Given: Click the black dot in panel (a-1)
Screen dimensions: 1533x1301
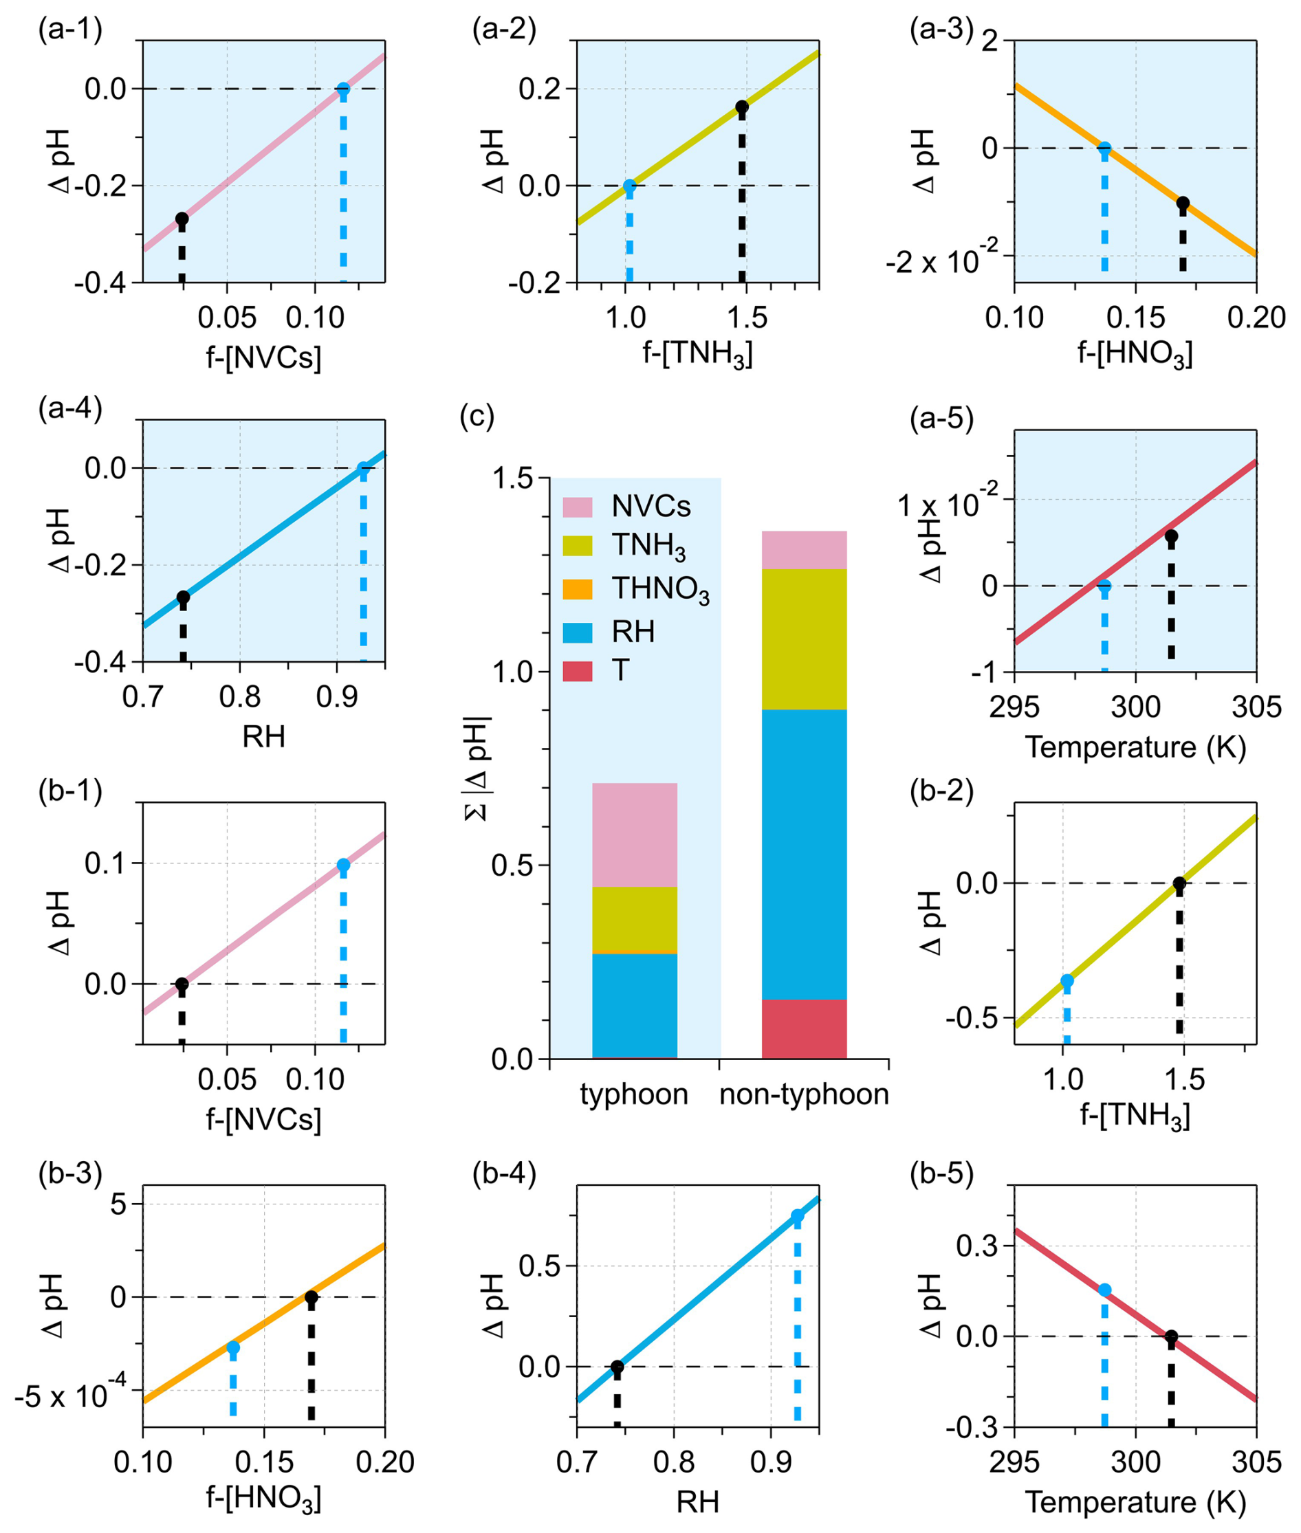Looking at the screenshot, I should coord(182,219).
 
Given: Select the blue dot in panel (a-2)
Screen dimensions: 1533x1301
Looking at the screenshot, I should coord(629,186).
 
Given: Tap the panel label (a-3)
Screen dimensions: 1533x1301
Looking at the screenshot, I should coord(941,30).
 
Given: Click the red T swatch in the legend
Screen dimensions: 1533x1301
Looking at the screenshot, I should coord(578,671).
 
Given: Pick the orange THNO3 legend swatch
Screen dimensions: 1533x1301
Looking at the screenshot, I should coord(578,589).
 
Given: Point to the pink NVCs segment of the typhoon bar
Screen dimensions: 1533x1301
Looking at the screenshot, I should coord(634,835).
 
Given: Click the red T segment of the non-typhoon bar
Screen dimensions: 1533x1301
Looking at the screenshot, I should coord(804,1028).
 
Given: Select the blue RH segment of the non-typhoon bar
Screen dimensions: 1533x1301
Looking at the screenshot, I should coord(804,854).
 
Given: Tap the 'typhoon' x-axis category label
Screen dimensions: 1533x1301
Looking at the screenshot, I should coord(634,1094).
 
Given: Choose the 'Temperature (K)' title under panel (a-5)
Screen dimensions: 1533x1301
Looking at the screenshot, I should coord(1136,747).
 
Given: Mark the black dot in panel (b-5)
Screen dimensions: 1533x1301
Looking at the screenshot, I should coord(1170,1337).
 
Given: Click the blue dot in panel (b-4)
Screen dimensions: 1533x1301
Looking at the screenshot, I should coord(797,1216).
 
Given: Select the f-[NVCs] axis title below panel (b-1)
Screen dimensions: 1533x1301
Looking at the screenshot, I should coord(263,1119).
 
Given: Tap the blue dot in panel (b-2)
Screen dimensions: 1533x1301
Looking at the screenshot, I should coord(1067,981).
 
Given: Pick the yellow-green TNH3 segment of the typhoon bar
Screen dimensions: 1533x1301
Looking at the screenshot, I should coord(634,920).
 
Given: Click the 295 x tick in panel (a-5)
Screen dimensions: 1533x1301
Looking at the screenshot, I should coord(1014,707).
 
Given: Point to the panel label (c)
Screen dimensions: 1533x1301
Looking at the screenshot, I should coord(477,416).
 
